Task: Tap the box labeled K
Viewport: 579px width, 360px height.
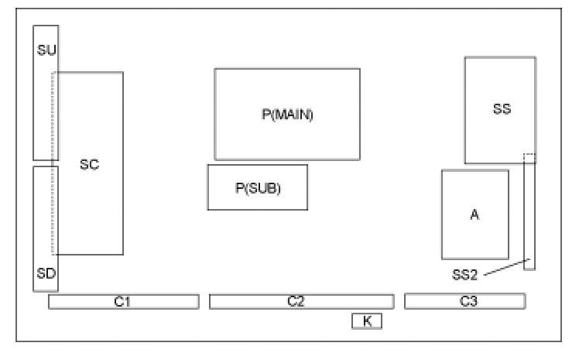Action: click(367, 321)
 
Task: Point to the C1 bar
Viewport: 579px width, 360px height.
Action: click(123, 302)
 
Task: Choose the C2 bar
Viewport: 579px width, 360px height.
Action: click(301, 302)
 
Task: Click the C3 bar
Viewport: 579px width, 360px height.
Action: click(464, 302)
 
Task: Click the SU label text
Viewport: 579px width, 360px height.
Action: click(46, 50)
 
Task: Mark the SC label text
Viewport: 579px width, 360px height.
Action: click(89, 164)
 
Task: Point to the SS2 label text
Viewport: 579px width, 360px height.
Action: click(465, 274)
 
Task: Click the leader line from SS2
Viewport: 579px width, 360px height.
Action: click(503, 266)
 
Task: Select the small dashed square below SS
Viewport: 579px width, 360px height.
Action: click(529, 158)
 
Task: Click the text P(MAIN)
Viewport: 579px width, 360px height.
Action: click(286, 115)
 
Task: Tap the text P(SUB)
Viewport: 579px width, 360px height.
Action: click(257, 187)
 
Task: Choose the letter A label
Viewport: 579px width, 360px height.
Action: click(475, 214)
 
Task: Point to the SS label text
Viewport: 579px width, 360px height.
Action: click(502, 109)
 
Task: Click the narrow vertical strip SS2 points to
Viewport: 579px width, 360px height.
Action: click(529, 225)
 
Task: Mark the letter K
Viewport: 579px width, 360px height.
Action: click(367, 321)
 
